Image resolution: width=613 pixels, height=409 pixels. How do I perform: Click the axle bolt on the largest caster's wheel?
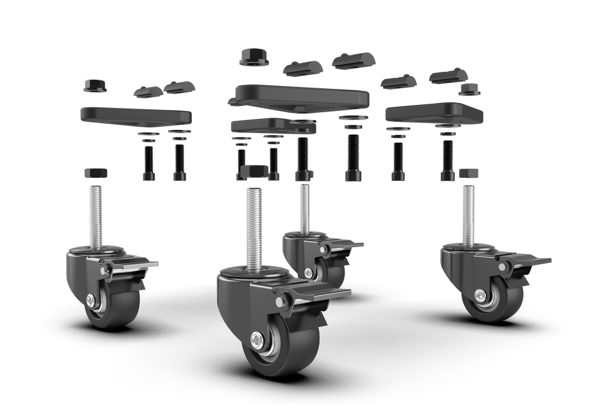[255, 339]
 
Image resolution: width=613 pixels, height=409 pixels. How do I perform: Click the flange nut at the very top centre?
[251, 59]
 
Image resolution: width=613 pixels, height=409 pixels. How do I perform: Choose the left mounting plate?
[136, 115]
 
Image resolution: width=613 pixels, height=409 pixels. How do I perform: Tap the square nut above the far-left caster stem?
[95, 173]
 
